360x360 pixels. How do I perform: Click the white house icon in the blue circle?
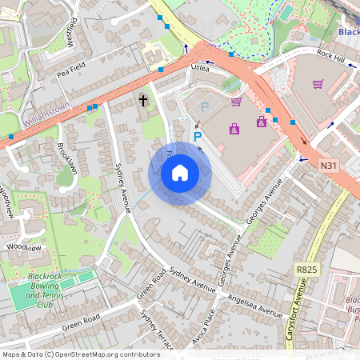(180, 173)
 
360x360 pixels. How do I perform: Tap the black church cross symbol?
(144, 100)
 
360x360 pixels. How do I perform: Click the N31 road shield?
(327, 166)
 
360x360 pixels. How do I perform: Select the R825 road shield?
(306, 270)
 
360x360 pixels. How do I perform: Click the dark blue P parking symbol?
(198, 138)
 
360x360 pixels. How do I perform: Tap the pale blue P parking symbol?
(203, 106)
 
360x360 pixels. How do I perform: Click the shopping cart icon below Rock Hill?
(318, 83)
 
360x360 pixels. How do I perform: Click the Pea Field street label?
(71, 70)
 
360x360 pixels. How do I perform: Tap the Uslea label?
(199, 69)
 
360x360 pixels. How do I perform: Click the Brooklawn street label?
(67, 158)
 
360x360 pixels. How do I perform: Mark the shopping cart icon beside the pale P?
(235, 101)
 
